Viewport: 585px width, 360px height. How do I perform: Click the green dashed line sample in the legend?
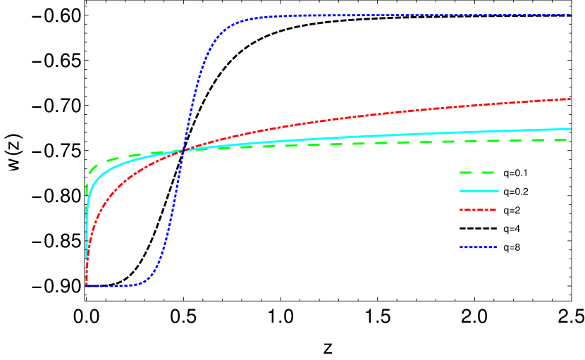(x=478, y=173)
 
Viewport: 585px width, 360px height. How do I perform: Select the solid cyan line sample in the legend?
(x=479, y=191)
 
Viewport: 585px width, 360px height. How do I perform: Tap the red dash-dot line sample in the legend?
(x=478, y=210)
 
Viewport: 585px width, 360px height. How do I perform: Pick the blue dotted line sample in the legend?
(x=478, y=247)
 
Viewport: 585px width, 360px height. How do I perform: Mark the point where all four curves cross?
(x=183, y=150)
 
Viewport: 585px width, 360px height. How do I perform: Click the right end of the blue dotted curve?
(x=569, y=15)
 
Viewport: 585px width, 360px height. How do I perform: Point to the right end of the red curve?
(x=569, y=99)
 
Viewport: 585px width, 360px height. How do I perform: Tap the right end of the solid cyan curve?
(x=569, y=129)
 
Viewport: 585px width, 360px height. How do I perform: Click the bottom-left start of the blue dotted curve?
(x=87, y=285)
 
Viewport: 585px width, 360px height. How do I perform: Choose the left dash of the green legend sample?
(x=465, y=173)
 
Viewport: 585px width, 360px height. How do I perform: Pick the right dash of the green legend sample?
(x=488, y=173)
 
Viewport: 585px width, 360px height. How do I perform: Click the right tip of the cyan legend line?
(x=498, y=191)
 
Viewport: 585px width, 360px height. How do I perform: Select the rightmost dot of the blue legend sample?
(x=495, y=247)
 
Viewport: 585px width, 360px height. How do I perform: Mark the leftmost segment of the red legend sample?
(x=462, y=210)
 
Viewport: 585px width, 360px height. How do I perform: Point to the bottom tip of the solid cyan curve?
(x=87, y=258)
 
